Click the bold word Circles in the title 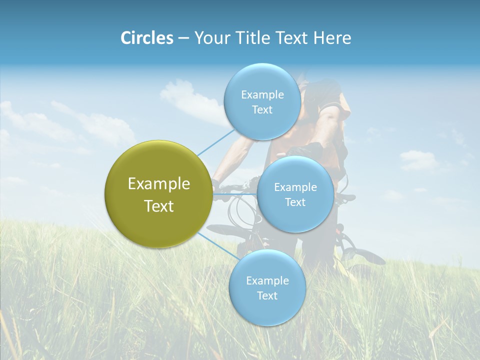[146, 38]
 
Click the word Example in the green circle [159, 184]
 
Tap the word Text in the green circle [159, 206]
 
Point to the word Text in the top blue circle [262, 110]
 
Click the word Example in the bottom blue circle [267, 281]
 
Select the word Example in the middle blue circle [295, 187]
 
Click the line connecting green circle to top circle [216, 141]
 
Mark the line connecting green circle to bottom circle [216, 245]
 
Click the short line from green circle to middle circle [235, 193]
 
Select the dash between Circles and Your [183, 39]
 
